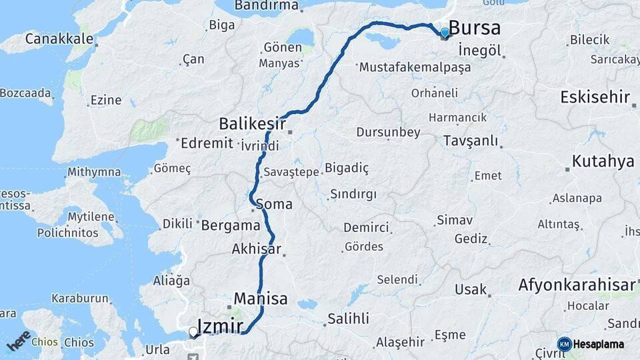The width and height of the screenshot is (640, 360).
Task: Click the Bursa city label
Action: point(475,28)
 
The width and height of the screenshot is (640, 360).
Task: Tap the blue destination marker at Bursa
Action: point(445,33)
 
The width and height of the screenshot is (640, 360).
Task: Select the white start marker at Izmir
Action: point(193,331)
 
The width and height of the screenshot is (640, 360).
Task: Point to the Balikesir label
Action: point(253,123)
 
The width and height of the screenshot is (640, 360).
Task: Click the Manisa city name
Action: point(261,298)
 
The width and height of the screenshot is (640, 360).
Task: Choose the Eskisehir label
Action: point(595,97)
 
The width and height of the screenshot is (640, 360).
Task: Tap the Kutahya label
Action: point(603,161)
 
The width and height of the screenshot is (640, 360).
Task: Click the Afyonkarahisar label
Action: point(577,285)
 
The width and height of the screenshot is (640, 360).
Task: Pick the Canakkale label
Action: point(59,39)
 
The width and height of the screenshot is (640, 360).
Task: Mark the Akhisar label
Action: point(256,249)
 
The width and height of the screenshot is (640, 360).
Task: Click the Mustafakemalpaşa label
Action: point(415,67)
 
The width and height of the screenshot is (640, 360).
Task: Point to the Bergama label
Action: point(231,225)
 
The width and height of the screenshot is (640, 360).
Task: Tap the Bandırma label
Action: point(266,6)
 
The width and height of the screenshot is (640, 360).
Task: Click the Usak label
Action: point(471,289)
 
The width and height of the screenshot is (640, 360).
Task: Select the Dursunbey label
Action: point(388,132)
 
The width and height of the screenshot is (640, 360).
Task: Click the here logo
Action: point(19,340)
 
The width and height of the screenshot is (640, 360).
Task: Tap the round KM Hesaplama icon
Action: point(564,344)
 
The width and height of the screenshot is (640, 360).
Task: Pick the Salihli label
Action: point(348,319)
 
